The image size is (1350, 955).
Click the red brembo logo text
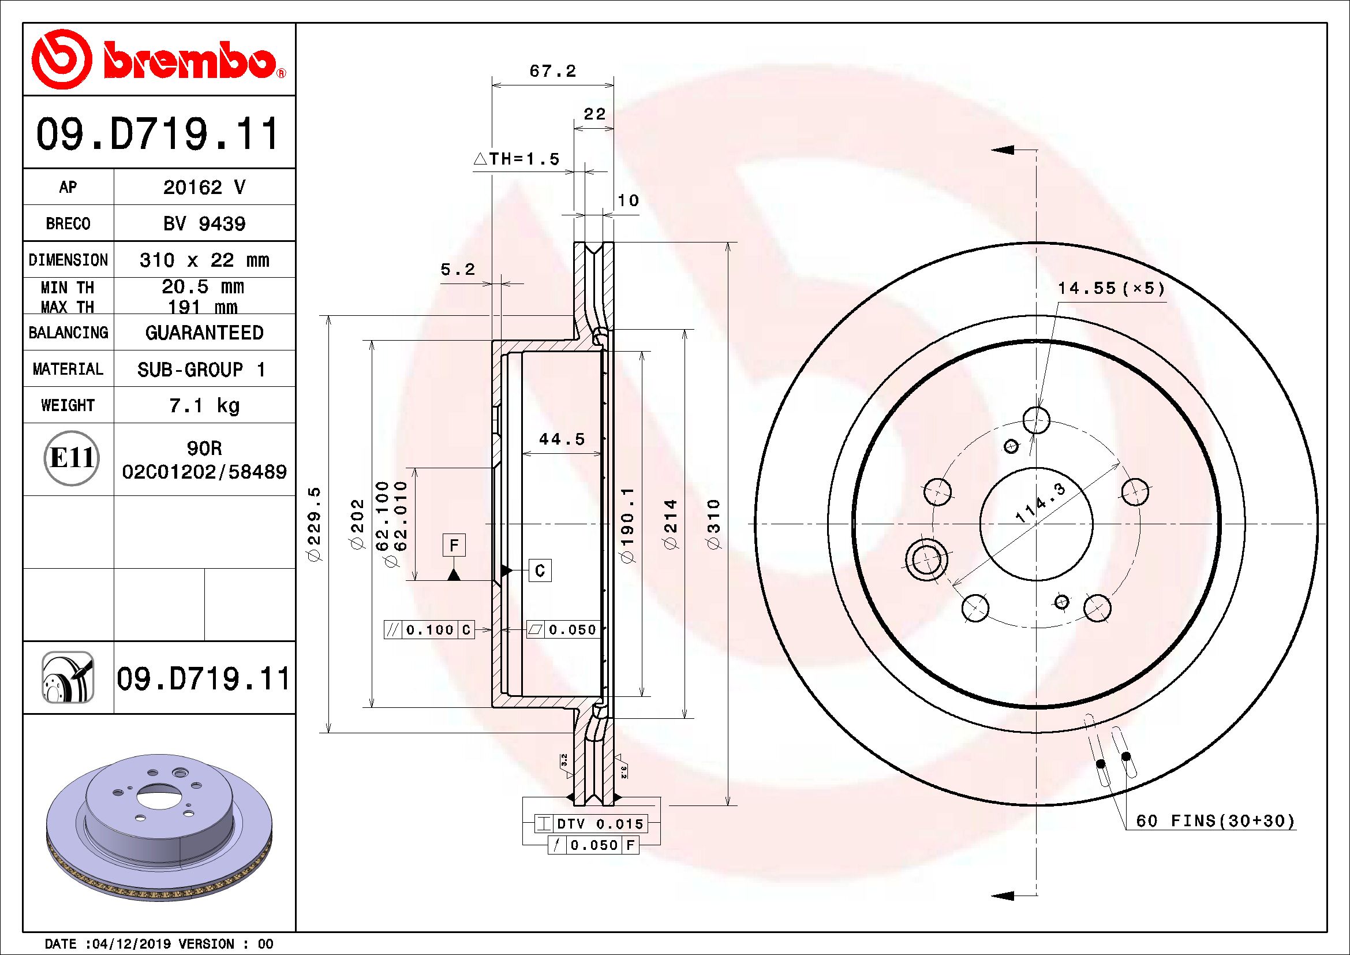tap(189, 62)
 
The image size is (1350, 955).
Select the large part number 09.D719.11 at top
tap(158, 134)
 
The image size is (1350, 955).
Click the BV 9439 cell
tap(204, 223)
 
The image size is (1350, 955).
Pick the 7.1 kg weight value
tap(204, 405)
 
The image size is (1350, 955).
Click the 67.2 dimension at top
tap(553, 71)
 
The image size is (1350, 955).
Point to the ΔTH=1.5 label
tap(517, 159)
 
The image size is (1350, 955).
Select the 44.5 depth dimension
tap(562, 439)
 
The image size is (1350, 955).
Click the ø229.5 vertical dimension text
tap(315, 524)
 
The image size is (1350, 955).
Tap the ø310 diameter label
tap(713, 524)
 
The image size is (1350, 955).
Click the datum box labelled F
tap(454, 545)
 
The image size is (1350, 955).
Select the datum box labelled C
tap(540, 570)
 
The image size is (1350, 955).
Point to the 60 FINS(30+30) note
tap(1215, 821)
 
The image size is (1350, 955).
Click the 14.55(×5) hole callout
tap(1110, 288)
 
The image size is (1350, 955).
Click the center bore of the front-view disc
tap(1036, 523)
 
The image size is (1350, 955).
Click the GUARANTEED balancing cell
tap(204, 333)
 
